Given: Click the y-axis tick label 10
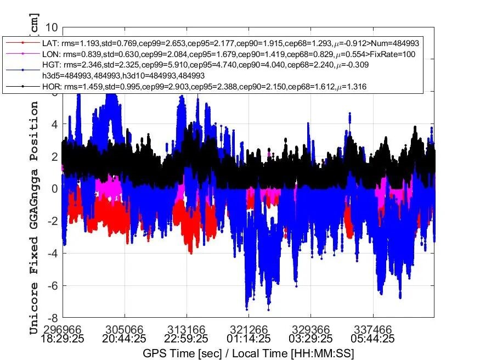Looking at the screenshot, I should [x=52, y=27].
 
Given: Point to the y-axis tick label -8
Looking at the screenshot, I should [x=53, y=318].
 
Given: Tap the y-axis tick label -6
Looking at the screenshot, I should [x=53, y=285].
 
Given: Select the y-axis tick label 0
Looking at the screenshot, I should [x=55, y=189].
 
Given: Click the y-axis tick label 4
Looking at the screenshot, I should [x=55, y=124].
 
